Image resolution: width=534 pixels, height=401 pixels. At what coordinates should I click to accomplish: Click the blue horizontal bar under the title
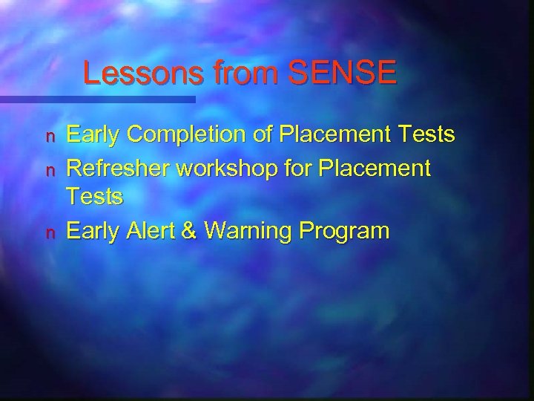96,99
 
